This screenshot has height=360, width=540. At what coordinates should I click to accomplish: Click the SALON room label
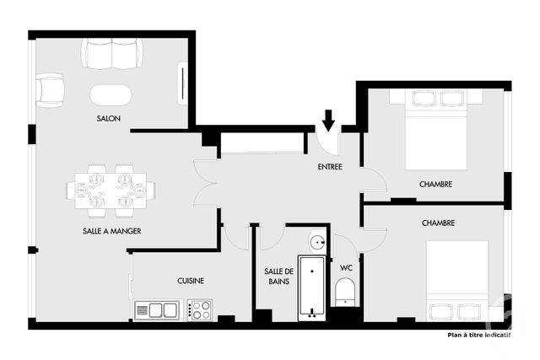coord(108,119)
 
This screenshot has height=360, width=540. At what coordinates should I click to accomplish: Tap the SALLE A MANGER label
coord(111,230)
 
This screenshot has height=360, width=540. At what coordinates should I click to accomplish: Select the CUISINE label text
coord(191,281)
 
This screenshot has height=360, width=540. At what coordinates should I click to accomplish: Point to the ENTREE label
coord(330,167)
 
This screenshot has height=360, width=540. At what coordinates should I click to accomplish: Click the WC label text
coord(346,267)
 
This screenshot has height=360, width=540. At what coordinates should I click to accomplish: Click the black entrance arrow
coord(328,121)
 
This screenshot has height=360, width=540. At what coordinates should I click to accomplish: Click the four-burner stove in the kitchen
coord(201,309)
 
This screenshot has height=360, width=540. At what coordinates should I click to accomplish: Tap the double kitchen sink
coord(158,309)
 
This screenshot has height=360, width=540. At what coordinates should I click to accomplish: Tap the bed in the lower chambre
coord(456,279)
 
